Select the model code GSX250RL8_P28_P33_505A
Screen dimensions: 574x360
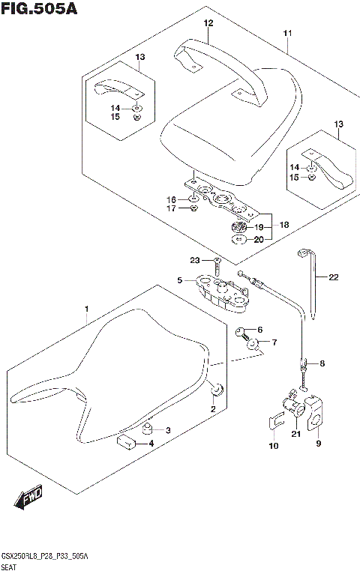coord(45,557)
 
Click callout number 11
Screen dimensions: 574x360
coord(288,34)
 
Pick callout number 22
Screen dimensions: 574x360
coord(333,277)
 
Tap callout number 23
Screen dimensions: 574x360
coord(194,261)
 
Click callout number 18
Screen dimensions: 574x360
coord(283,225)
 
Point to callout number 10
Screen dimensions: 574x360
coord(273,446)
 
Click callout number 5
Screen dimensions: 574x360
coord(180,280)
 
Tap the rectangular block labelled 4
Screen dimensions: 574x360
coord(127,441)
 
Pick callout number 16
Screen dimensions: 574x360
coord(171,199)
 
